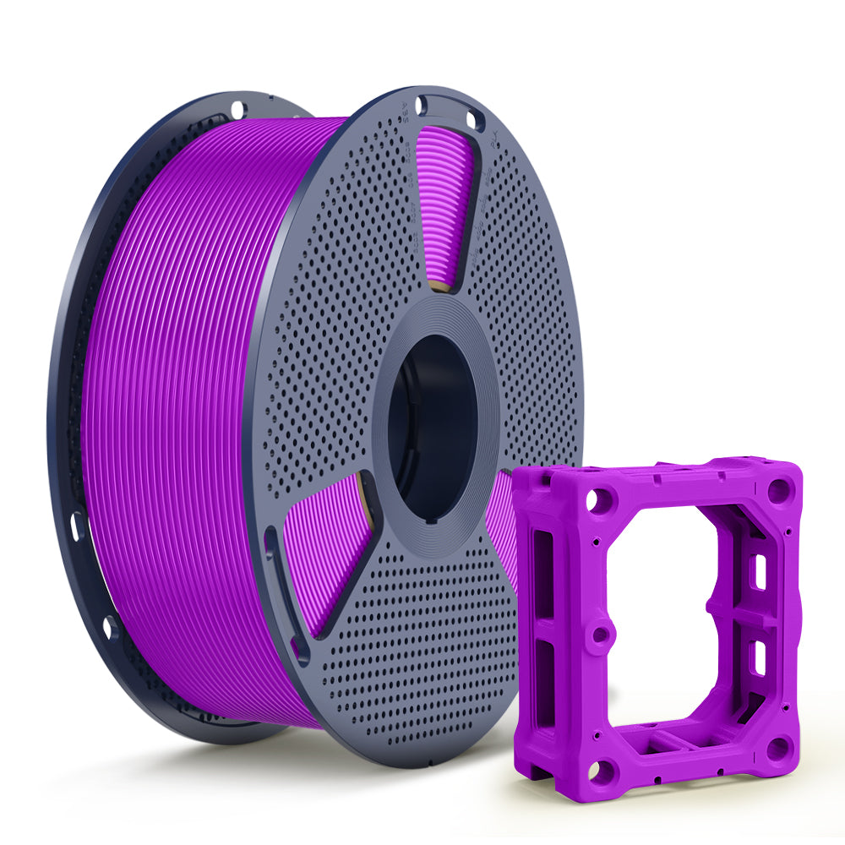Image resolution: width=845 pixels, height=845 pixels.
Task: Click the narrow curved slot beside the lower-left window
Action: coord(279,583)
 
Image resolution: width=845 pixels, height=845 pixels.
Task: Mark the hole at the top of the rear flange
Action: coord(237,108)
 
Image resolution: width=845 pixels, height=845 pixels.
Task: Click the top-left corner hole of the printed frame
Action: coord(602,500)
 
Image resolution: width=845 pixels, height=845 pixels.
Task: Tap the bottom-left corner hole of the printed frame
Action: coord(602,769)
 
